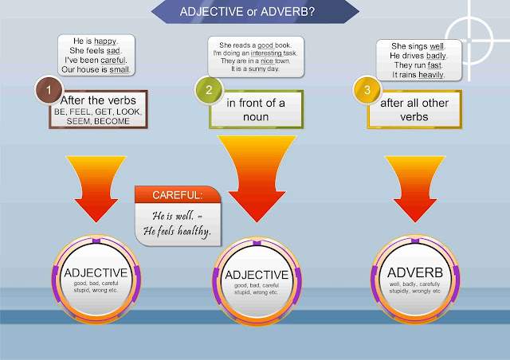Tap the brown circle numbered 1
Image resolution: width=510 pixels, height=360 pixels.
click(49, 92)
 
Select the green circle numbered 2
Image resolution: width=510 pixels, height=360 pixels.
click(208, 92)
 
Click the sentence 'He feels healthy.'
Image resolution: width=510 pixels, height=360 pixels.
click(178, 232)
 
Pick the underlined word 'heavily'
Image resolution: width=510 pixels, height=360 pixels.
click(428, 75)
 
